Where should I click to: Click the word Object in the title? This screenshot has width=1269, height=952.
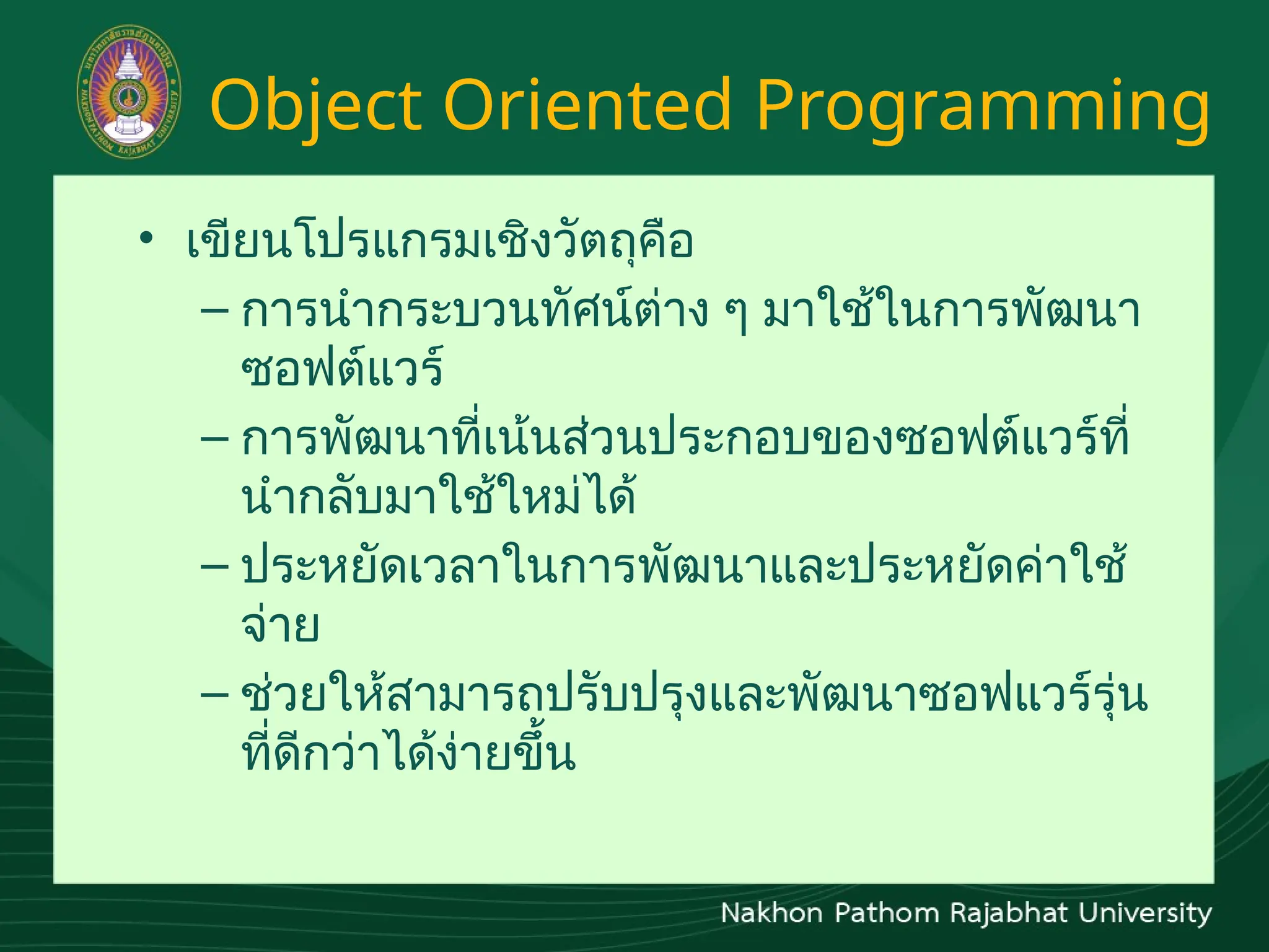[316, 105]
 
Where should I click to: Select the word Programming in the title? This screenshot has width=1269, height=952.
[982, 105]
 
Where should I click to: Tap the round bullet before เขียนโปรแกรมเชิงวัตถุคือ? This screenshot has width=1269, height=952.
[146, 239]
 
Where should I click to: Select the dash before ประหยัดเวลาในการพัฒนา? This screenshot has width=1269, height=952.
[215, 566]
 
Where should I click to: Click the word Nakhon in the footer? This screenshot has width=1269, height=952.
[771, 914]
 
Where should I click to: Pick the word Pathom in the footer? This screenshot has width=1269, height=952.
[887, 914]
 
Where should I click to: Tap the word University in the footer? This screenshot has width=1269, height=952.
[1145, 914]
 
